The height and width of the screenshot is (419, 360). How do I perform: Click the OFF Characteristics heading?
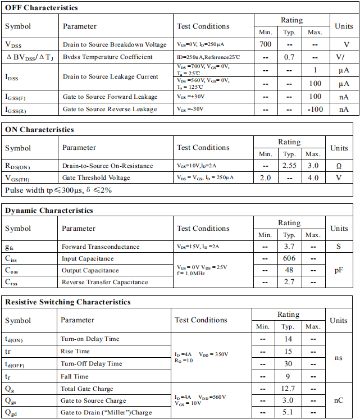point(42,8)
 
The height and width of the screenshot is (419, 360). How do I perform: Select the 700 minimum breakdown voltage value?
point(266,44)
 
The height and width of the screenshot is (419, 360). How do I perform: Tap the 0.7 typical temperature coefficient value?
point(289,57)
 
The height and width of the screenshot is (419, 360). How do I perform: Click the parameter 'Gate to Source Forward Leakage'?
point(110,97)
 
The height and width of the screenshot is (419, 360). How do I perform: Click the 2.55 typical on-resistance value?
point(289,166)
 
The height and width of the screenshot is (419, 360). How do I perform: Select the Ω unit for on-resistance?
point(339,166)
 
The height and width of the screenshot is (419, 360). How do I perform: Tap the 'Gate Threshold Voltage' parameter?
point(97,177)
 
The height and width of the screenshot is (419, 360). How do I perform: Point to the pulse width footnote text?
point(59,190)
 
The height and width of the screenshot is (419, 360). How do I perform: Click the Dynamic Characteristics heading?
point(49,211)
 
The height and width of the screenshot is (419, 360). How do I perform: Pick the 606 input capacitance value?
point(289,258)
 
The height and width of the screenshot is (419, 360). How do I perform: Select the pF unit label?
point(339,270)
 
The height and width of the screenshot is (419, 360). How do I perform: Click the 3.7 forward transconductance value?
point(289,247)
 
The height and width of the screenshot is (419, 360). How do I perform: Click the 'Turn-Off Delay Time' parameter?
point(92,363)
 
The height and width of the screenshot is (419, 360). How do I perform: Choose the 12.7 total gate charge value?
point(288,389)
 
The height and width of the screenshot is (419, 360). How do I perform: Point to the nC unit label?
point(338,400)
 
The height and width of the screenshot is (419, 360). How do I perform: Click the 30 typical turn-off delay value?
point(288,363)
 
